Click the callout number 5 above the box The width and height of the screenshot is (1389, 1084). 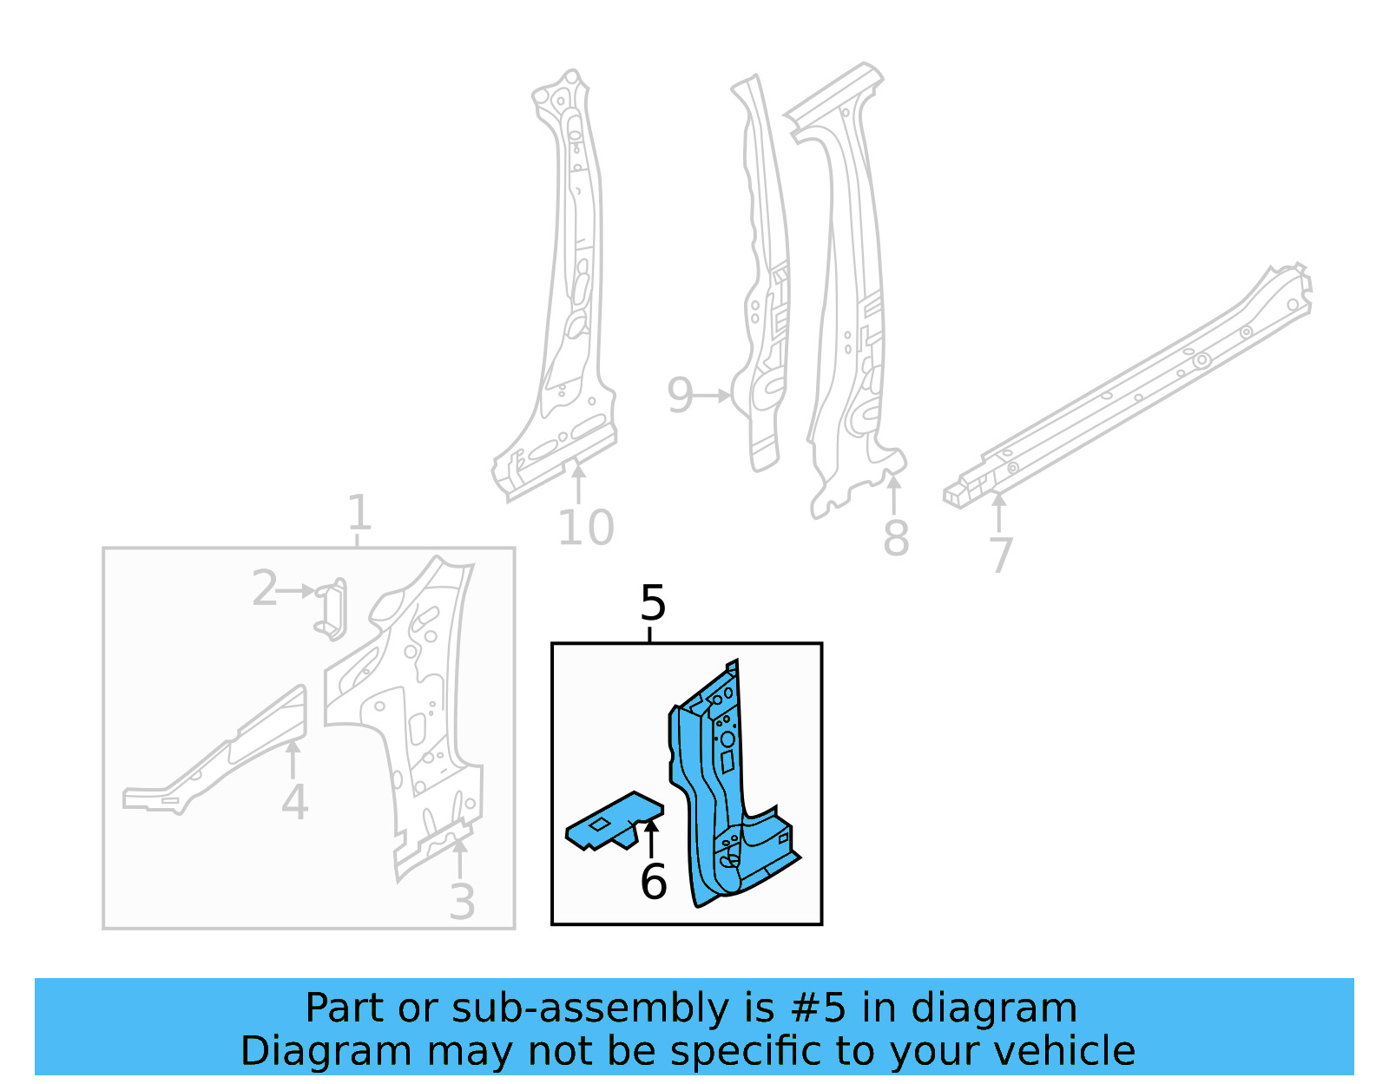tap(653, 602)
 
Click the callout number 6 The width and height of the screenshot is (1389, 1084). tap(653, 883)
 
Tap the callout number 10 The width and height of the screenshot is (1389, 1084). tap(586, 528)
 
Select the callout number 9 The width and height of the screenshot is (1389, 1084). tap(680, 396)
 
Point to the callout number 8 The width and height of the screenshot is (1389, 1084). tap(896, 538)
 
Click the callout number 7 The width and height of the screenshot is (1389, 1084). tap(1001, 555)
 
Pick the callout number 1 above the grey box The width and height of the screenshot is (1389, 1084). tap(359, 513)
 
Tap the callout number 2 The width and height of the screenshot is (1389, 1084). tap(264, 589)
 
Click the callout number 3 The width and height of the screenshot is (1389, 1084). tap(462, 903)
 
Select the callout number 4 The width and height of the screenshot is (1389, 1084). tap(294, 802)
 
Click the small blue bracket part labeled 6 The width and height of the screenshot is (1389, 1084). tap(612, 820)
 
